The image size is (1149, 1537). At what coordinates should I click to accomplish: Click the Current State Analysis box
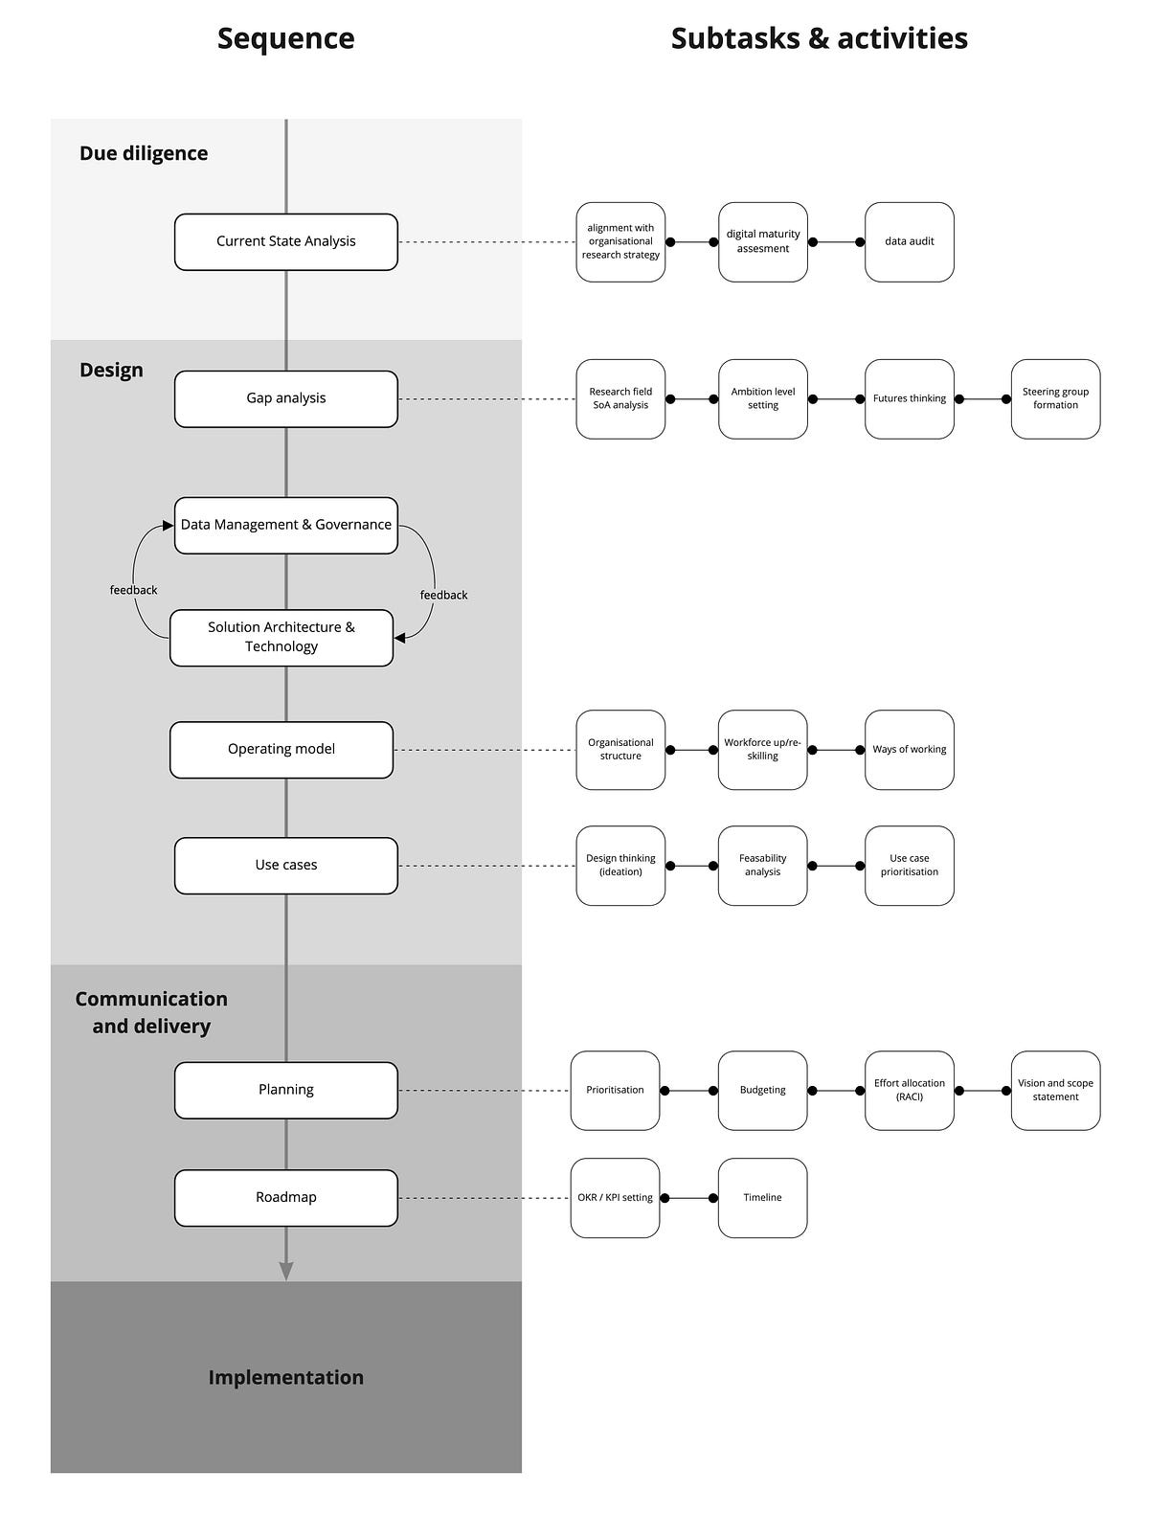pos(285,241)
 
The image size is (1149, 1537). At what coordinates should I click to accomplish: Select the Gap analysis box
pos(285,398)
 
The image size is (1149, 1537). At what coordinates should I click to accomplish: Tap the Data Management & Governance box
pos(285,525)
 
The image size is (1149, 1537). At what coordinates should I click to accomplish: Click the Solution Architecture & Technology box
pos(281,637)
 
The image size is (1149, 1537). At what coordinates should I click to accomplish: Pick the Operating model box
pos(281,749)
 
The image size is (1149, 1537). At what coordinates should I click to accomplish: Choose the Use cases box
pos(285,865)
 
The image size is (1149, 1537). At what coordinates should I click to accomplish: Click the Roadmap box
pos(285,1197)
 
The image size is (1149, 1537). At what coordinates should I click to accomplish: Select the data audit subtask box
pos(909,241)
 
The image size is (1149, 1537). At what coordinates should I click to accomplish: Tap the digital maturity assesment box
pos(762,241)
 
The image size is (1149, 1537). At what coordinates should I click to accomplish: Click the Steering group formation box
pos(1055,398)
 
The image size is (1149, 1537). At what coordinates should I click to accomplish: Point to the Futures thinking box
pos(909,398)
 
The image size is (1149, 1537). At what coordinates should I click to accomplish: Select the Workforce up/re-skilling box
pos(762,749)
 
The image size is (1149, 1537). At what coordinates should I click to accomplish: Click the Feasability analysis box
pos(762,865)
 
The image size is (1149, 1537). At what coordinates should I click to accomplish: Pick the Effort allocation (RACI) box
pos(909,1090)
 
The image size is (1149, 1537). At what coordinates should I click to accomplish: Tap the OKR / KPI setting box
pos(615,1197)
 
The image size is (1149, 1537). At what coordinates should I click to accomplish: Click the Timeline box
pos(762,1197)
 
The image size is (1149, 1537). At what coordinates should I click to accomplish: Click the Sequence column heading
pos(285,38)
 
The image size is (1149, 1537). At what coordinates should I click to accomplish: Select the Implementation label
pos(285,1377)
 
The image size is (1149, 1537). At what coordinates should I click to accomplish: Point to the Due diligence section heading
pos(144,153)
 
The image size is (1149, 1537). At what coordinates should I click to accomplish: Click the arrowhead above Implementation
pos(285,1271)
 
